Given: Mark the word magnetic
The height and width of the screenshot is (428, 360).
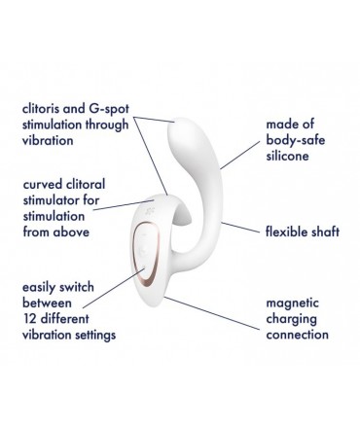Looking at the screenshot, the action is pos(294,303).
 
